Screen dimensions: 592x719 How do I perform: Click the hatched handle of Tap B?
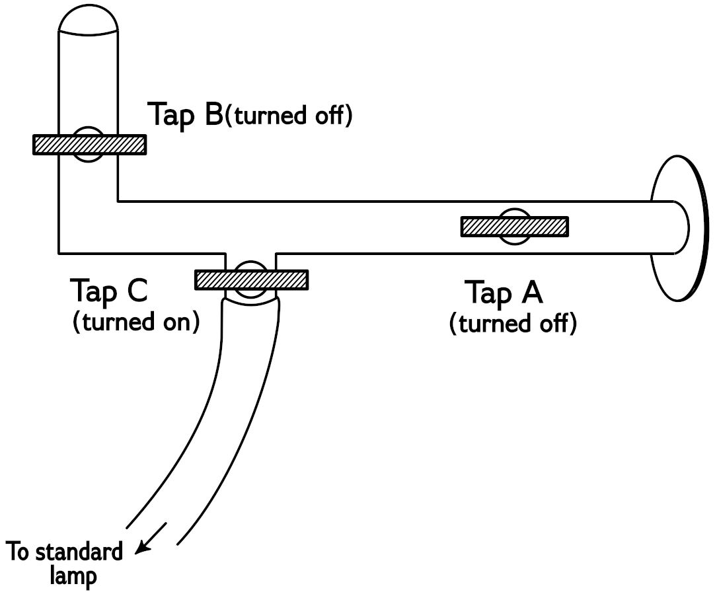[x=89, y=145]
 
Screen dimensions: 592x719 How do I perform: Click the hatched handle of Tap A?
[x=515, y=227]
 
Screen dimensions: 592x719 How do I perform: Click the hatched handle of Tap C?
[x=251, y=279]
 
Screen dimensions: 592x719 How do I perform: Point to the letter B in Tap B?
[x=212, y=114]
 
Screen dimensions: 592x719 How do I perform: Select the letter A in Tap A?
[x=529, y=293]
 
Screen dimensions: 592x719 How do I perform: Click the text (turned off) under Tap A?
[x=512, y=324]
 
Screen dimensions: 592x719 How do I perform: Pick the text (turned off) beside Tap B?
[x=289, y=116]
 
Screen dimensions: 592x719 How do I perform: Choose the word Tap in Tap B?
[x=173, y=114]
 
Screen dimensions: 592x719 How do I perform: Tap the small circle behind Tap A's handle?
[x=515, y=215]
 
